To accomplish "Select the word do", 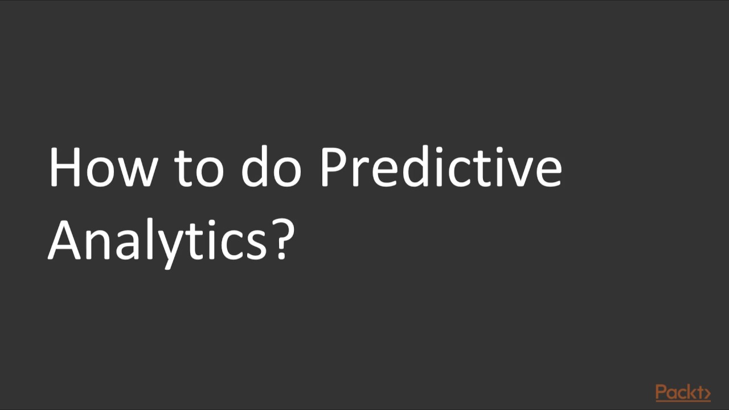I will pyautogui.click(x=271, y=168).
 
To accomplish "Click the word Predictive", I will pyautogui.click(x=440, y=168).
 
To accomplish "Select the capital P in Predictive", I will pyautogui.click(x=333, y=168).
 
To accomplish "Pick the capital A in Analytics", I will pyautogui.click(x=67, y=241).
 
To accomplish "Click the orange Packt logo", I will pyautogui.click(x=682, y=392).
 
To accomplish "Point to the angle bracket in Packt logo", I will pyautogui.click(x=706, y=393).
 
